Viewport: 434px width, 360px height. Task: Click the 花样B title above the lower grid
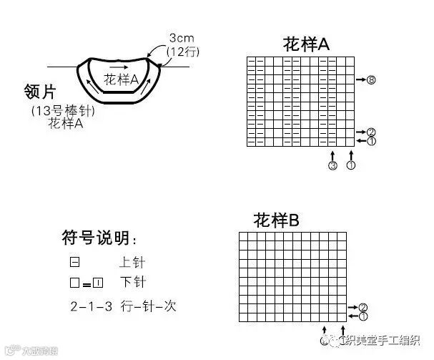pyautogui.click(x=276, y=220)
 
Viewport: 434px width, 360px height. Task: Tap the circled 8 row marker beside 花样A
pyautogui.click(x=371, y=79)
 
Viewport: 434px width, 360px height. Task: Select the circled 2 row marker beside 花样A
pyautogui.click(x=371, y=132)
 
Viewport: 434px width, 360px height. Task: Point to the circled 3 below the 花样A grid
pyautogui.click(x=332, y=166)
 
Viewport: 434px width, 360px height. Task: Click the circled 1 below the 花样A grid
pyautogui.click(x=350, y=166)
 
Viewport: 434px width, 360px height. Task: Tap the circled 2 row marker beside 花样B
pyautogui.click(x=363, y=307)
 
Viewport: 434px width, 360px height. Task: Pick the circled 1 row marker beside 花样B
pyautogui.click(x=363, y=316)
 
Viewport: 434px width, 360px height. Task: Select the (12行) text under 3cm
pyautogui.click(x=184, y=52)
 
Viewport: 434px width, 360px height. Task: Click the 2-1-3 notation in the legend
pyautogui.click(x=90, y=306)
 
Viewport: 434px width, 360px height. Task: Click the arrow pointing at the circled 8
pyautogui.click(x=360, y=79)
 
